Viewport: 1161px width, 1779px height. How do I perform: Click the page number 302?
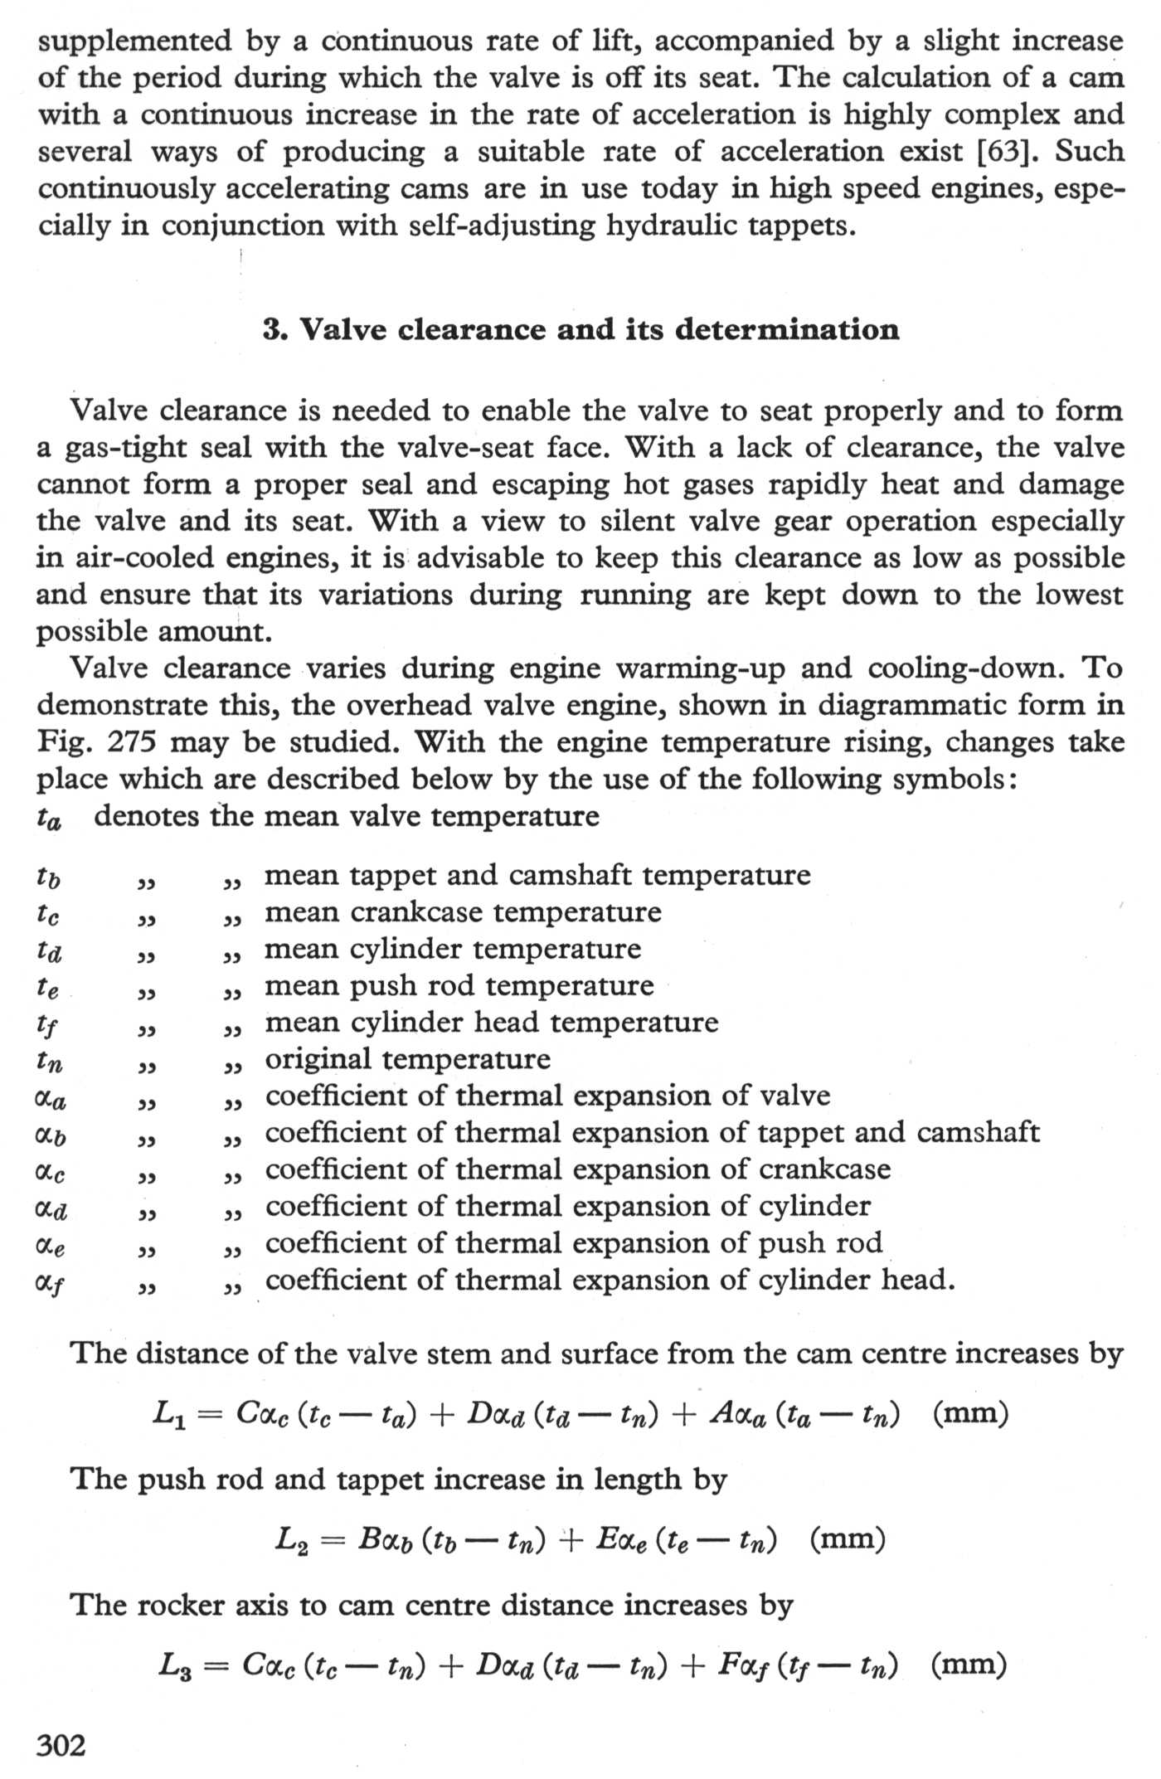[61, 1746]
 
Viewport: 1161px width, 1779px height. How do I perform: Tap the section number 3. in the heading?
[275, 330]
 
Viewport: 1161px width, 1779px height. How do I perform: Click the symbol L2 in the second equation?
[292, 1539]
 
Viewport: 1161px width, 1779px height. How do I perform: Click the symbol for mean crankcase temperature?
[48, 914]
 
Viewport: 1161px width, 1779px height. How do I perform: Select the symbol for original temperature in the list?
[49, 1061]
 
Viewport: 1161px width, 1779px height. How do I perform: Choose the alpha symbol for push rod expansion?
[49, 1245]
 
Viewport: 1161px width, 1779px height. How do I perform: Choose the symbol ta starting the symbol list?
[49, 819]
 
